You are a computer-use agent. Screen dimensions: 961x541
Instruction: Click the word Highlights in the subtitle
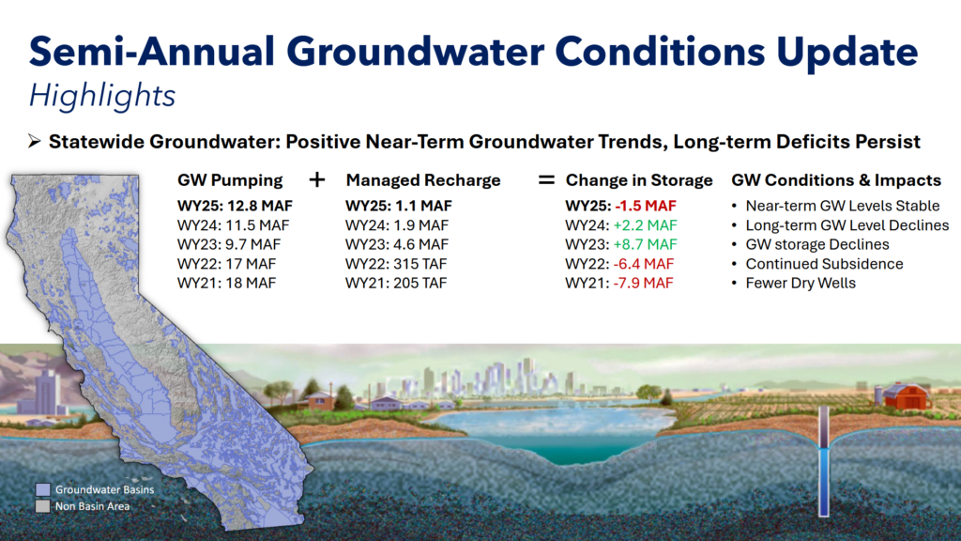pos(102,97)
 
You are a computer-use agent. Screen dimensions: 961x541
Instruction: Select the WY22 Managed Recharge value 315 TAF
pos(422,264)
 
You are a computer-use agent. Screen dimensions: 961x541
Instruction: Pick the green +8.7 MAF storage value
pos(646,245)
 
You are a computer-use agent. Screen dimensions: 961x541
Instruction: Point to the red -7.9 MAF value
pos(643,284)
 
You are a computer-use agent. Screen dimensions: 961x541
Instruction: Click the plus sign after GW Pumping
pos(317,179)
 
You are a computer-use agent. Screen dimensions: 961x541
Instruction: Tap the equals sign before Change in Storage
pos(546,179)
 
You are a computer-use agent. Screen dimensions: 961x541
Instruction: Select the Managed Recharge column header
pos(423,180)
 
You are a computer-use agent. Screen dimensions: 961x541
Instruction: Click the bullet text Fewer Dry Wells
pos(801,284)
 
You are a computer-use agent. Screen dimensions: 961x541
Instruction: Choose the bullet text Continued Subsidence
pos(824,264)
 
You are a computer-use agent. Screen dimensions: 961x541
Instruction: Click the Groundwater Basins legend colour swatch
pos(42,489)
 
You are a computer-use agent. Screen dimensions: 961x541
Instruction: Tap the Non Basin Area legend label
pos(93,506)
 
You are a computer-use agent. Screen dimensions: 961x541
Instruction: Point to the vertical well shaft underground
pos(824,461)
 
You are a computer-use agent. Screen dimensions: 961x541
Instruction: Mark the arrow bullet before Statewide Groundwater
pos(35,142)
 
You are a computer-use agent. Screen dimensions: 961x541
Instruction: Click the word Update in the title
pos(847,54)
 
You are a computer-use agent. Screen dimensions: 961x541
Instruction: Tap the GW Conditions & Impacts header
pos(836,180)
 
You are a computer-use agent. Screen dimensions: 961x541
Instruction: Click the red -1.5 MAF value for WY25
pos(646,206)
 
